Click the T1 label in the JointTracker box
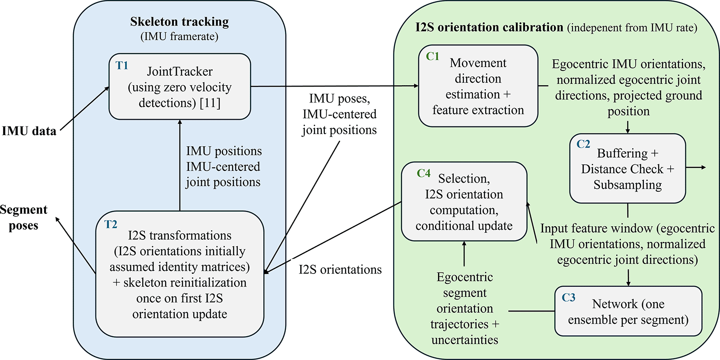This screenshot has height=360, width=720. coord(122,66)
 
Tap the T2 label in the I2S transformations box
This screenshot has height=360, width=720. coord(111,224)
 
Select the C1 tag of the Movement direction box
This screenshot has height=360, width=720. coord(432,56)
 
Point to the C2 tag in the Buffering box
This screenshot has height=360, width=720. coord(583,144)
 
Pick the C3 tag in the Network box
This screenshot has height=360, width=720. coord(568,298)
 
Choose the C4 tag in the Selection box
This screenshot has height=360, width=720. coord(424,174)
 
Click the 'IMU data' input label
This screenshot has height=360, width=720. coord(29,131)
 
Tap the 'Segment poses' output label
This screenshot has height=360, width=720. coord(23,218)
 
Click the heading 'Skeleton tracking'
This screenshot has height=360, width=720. coord(179,22)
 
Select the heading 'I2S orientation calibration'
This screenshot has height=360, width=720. coord(489,27)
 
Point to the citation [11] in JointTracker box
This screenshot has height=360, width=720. coord(210,103)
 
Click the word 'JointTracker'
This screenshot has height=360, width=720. coord(180,71)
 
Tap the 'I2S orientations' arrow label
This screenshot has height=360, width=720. coord(340,270)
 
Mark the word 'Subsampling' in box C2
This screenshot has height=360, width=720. coord(627,185)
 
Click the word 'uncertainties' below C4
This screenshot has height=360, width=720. coord(465,340)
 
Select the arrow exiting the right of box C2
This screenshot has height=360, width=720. coord(696,167)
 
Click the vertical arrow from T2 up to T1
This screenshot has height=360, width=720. coord(180,165)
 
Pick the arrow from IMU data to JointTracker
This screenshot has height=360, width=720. coord(84,109)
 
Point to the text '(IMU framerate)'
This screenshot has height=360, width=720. coord(179,36)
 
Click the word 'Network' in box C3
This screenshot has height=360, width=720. coord(614,304)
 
